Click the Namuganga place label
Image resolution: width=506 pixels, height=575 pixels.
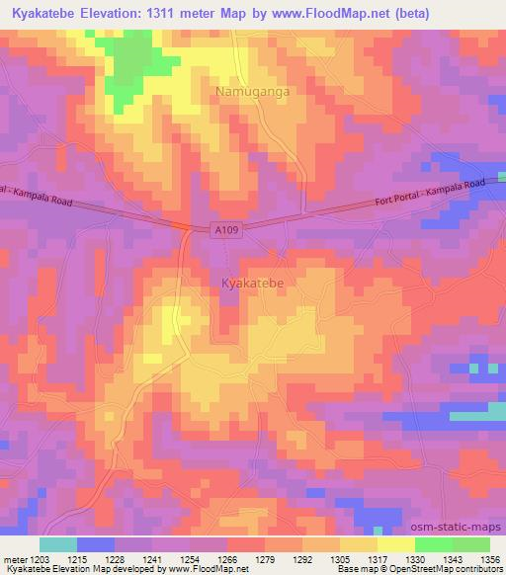(x=250, y=92)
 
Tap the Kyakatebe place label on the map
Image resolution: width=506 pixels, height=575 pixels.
(x=252, y=284)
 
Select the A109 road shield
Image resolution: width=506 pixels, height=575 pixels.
(x=226, y=229)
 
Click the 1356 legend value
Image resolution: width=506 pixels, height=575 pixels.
(x=488, y=560)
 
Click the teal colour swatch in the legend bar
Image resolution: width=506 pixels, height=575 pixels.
(x=58, y=544)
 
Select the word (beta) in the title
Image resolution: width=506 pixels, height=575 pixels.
(x=478, y=13)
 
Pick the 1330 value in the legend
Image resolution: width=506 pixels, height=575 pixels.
(x=416, y=560)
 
